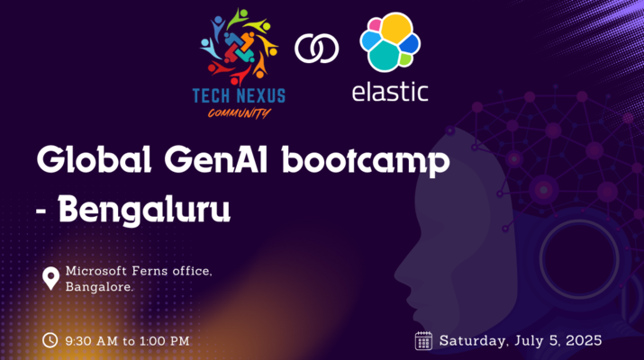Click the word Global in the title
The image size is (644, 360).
[x=94, y=160]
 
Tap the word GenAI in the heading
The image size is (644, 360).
[x=216, y=160]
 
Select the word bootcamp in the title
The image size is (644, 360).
[x=366, y=162]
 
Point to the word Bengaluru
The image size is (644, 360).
[x=144, y=211]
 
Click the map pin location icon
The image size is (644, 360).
[x=51, y=279]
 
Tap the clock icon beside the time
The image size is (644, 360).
[x=50, y=340]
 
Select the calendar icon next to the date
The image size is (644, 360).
[x=423, y=341]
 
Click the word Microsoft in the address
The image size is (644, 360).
[x=96, y=271]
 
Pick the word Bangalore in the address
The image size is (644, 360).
[x=99, y=286]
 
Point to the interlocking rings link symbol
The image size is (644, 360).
[x=317, y=49]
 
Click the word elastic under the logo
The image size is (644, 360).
[x=390, y=92]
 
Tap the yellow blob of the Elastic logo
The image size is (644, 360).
[x=396, y=28]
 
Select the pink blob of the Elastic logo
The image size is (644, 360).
[x=375, y=25]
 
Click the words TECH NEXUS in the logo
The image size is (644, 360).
[x=239, y=96]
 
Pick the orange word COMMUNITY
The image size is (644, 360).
[x=240, y=112]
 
